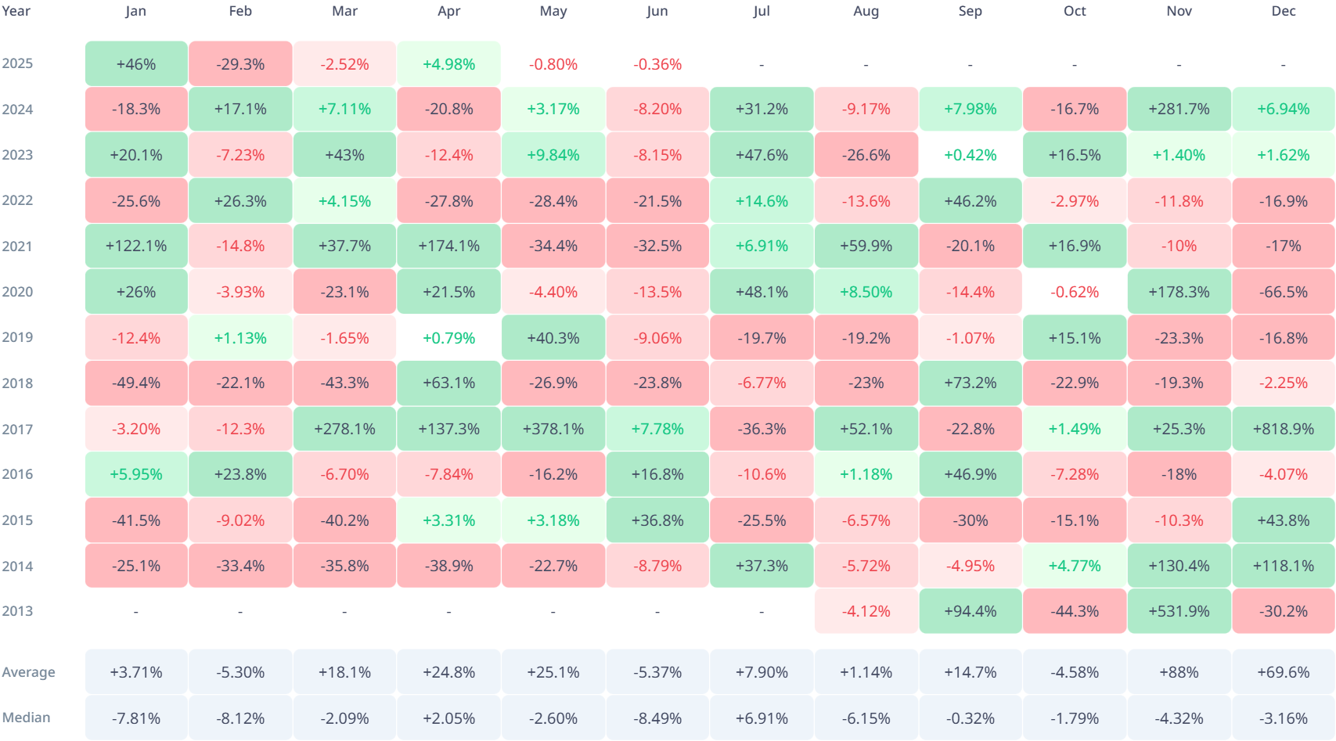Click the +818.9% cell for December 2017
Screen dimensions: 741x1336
(1283, 429)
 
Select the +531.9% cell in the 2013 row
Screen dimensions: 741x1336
(1179, 611)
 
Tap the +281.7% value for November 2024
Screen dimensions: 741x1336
(1179, 109)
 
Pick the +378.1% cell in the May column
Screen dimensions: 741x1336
(553, 429)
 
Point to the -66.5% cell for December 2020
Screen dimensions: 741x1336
(1283, 292)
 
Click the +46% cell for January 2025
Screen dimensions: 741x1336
(136, 64)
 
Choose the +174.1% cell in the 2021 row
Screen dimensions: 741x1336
(448, 246)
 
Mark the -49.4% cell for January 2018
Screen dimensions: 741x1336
(136, 383)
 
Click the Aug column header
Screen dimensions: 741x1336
(866, 11)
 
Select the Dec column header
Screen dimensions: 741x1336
(1283, 11)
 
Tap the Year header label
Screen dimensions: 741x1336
(16, 11)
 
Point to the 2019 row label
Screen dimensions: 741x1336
(17, 337)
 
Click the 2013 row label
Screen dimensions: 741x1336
(17, 611)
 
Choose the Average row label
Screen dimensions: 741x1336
(28, 672)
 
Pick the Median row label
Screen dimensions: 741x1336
(26, 718)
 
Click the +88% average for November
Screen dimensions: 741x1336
(1179, 672)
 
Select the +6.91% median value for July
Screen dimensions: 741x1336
(762, 718)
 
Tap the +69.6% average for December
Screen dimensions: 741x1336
(1283, 672)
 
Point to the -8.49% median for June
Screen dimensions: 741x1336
(657, 718)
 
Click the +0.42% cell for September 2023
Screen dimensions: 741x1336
(970, 155)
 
